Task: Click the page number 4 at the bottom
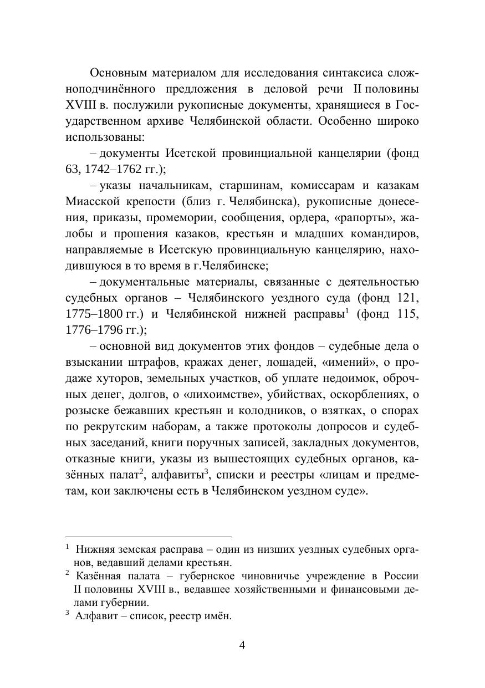242,645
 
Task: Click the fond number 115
408,314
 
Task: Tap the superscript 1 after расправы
346,310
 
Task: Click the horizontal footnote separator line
148,537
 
